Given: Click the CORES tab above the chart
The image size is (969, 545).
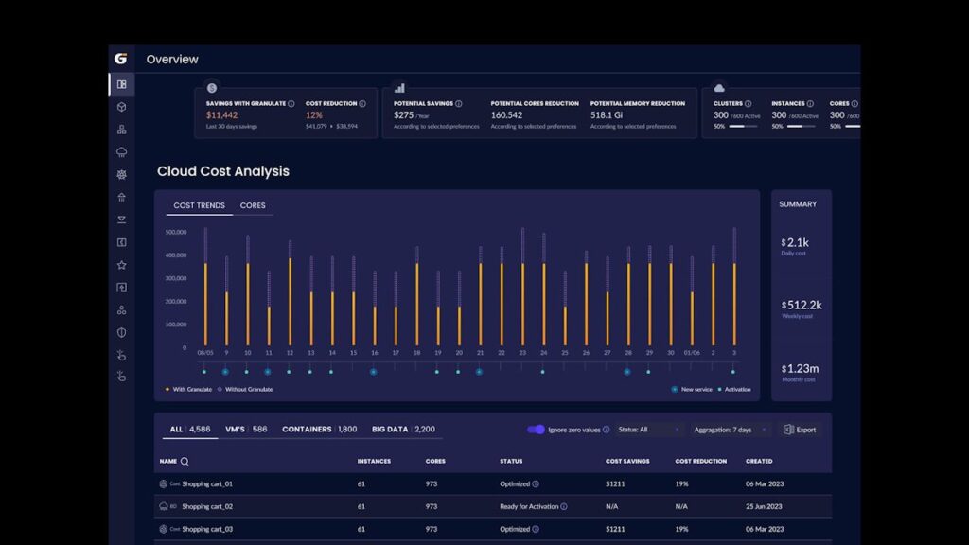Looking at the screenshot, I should point(253,205).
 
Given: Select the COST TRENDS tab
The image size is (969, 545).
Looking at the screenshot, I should point(199,205).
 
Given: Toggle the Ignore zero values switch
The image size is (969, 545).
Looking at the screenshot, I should point(536,430).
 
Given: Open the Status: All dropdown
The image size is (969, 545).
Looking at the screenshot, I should point(648,430).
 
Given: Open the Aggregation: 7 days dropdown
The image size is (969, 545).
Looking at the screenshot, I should point(728,430).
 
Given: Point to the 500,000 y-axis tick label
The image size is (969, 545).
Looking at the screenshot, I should point(175,232).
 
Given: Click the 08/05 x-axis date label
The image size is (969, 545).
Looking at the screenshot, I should point(204,353).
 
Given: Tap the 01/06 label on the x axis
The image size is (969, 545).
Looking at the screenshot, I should point(692,353).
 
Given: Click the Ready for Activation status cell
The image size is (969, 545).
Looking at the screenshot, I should point(529,506).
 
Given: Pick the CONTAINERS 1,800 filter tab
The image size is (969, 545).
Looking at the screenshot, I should point(319,430).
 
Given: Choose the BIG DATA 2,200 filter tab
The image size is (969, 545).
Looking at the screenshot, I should point(403,430).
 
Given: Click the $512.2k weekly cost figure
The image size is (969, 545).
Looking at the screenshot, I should point(802,305).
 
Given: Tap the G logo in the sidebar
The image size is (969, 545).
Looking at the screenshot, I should point(120,59).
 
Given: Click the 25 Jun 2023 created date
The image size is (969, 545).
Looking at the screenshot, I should point(766,506).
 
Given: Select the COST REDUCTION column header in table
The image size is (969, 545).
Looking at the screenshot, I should point(700,462).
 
